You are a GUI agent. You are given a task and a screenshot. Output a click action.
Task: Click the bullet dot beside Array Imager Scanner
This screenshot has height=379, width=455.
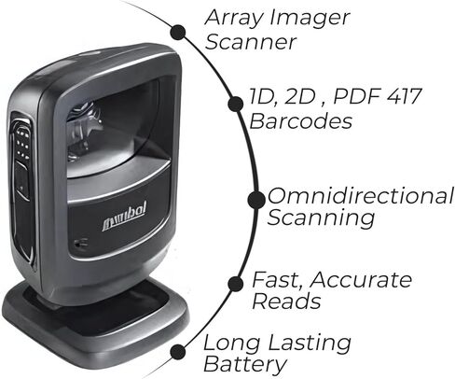pos(178,32)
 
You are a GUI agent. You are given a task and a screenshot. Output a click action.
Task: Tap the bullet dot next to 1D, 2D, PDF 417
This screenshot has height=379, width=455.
pos(236,104)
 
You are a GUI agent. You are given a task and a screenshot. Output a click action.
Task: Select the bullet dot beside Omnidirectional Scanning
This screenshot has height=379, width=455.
pos(256,200)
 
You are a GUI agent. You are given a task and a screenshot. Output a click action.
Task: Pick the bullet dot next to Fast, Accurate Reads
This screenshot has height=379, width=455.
pos(236,284)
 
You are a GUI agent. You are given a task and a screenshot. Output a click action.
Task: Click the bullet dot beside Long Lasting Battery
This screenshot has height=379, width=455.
pos(178,352)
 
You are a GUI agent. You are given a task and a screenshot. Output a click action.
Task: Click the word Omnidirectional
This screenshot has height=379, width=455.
pos(361,196)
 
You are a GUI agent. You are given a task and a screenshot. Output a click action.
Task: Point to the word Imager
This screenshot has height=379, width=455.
pos(310,19)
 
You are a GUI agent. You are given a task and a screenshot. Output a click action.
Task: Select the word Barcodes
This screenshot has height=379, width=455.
pos(301,120)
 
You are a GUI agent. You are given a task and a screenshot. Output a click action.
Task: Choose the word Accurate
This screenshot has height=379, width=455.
pos(361,280)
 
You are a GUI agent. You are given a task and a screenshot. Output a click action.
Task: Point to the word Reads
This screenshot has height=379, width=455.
pos(286,302)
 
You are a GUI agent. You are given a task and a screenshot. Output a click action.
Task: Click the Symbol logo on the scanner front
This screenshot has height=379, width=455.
pos(124,217)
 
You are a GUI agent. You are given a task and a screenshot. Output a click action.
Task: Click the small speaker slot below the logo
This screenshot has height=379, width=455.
pos(81,242)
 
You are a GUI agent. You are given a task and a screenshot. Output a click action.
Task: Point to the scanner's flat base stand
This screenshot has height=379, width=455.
pos(95,324)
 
